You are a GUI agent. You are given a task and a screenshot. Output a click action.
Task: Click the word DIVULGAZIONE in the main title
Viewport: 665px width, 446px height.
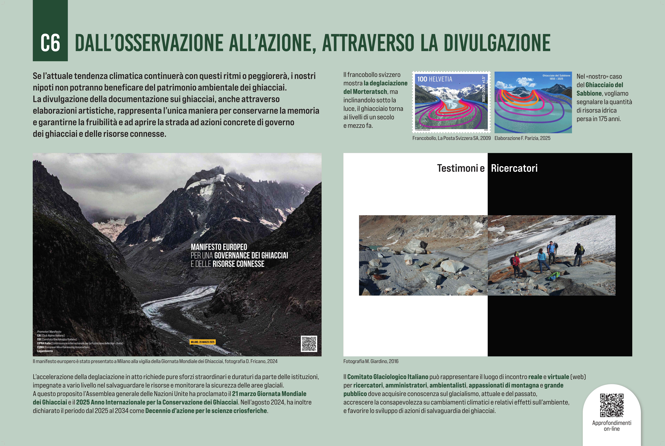pyautogui.click(x=497, y=43)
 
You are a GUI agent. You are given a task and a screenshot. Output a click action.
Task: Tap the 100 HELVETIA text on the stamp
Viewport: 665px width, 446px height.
pyautogui.click(x=435, y=79)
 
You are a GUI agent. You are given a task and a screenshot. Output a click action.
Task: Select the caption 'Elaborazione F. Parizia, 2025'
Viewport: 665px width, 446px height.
pyautogui.click(x=522, y=138)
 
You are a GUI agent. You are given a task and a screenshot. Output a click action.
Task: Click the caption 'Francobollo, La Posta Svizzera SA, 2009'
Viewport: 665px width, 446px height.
pyautogui.click(x=451, y=138)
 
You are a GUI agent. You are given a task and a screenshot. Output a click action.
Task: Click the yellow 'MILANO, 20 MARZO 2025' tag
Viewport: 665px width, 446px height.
pyautogui.click(x=203, y=342)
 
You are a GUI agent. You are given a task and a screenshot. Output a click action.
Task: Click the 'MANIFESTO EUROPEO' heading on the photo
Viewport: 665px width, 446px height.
pyautogui.click(x=219, y=247)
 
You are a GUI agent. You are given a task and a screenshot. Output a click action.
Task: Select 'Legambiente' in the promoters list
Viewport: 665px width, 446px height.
pyautogui.click(x=45, y=351)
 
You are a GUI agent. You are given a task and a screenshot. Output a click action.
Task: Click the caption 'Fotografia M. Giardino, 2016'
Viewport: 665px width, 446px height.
pyautogui.click(x=371, y=361)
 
